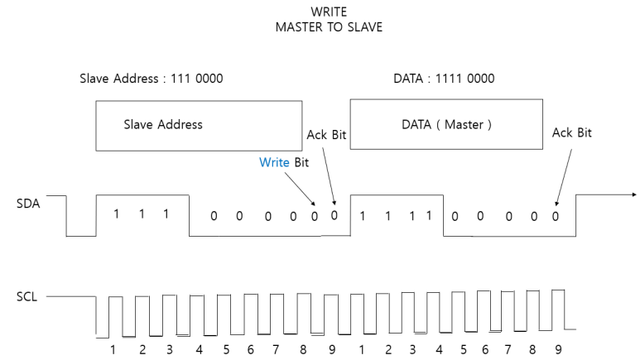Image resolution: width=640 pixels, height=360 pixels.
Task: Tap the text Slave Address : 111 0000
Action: [151, 79]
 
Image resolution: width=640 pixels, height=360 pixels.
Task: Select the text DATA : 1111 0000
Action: [444, 79]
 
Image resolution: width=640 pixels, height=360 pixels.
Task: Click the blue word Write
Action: [274, 162]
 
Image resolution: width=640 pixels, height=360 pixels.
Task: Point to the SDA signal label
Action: [26, 201]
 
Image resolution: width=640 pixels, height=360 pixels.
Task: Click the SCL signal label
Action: [26, 295]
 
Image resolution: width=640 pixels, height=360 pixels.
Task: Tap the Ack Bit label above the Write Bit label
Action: [326, 134]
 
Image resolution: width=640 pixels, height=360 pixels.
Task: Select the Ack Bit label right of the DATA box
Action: [572, 132]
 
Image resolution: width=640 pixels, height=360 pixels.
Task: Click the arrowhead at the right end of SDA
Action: [633, 195]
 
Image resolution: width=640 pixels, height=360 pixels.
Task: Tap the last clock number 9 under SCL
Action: [558, 348]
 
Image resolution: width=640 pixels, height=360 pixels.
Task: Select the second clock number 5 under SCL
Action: [464, 348]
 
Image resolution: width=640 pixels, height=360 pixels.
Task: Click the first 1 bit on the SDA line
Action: [116, 214]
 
